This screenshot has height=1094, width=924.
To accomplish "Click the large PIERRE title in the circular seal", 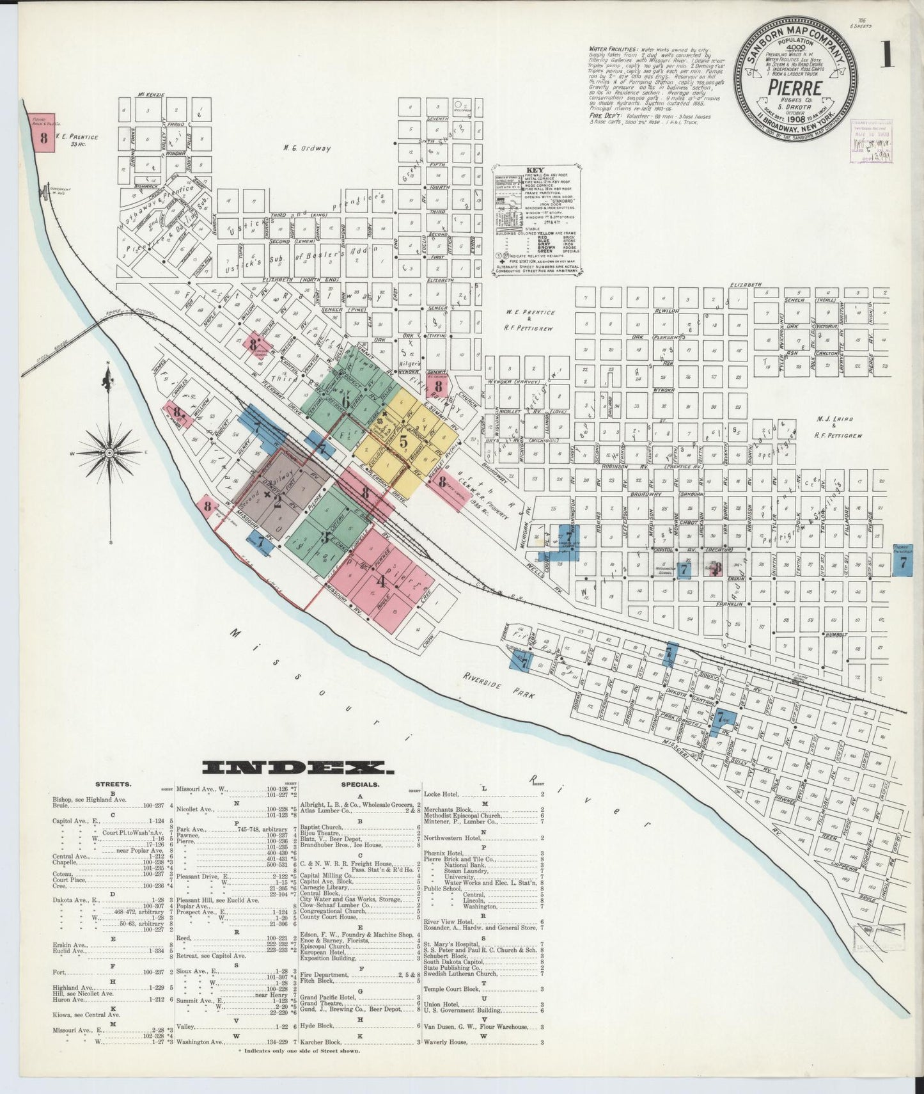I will click(795, 84).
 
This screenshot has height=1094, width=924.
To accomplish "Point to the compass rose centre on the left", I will click(109, 452).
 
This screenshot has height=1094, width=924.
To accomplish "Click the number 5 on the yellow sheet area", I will click(403, 441).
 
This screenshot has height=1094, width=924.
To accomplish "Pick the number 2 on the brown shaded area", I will click(277, 503).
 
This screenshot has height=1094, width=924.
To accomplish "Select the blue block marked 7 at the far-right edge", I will click(902, 562).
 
